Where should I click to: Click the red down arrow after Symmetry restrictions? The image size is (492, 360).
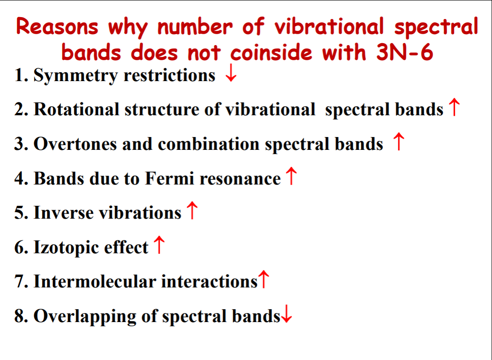231,73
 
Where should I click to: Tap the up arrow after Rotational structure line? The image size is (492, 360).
454,107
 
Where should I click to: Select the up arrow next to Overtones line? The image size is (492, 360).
399,141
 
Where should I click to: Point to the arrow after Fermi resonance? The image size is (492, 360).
292,176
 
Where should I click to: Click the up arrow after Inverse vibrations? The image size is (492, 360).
191,210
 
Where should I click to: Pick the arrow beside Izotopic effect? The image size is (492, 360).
159,244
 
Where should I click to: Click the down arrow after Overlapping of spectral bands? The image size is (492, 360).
286,314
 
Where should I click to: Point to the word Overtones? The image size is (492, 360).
75,144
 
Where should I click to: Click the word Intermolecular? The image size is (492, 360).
94,281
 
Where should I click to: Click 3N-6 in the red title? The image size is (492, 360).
404,52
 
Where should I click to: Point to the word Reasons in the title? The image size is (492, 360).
57,27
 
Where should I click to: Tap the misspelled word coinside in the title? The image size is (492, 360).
272,52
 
